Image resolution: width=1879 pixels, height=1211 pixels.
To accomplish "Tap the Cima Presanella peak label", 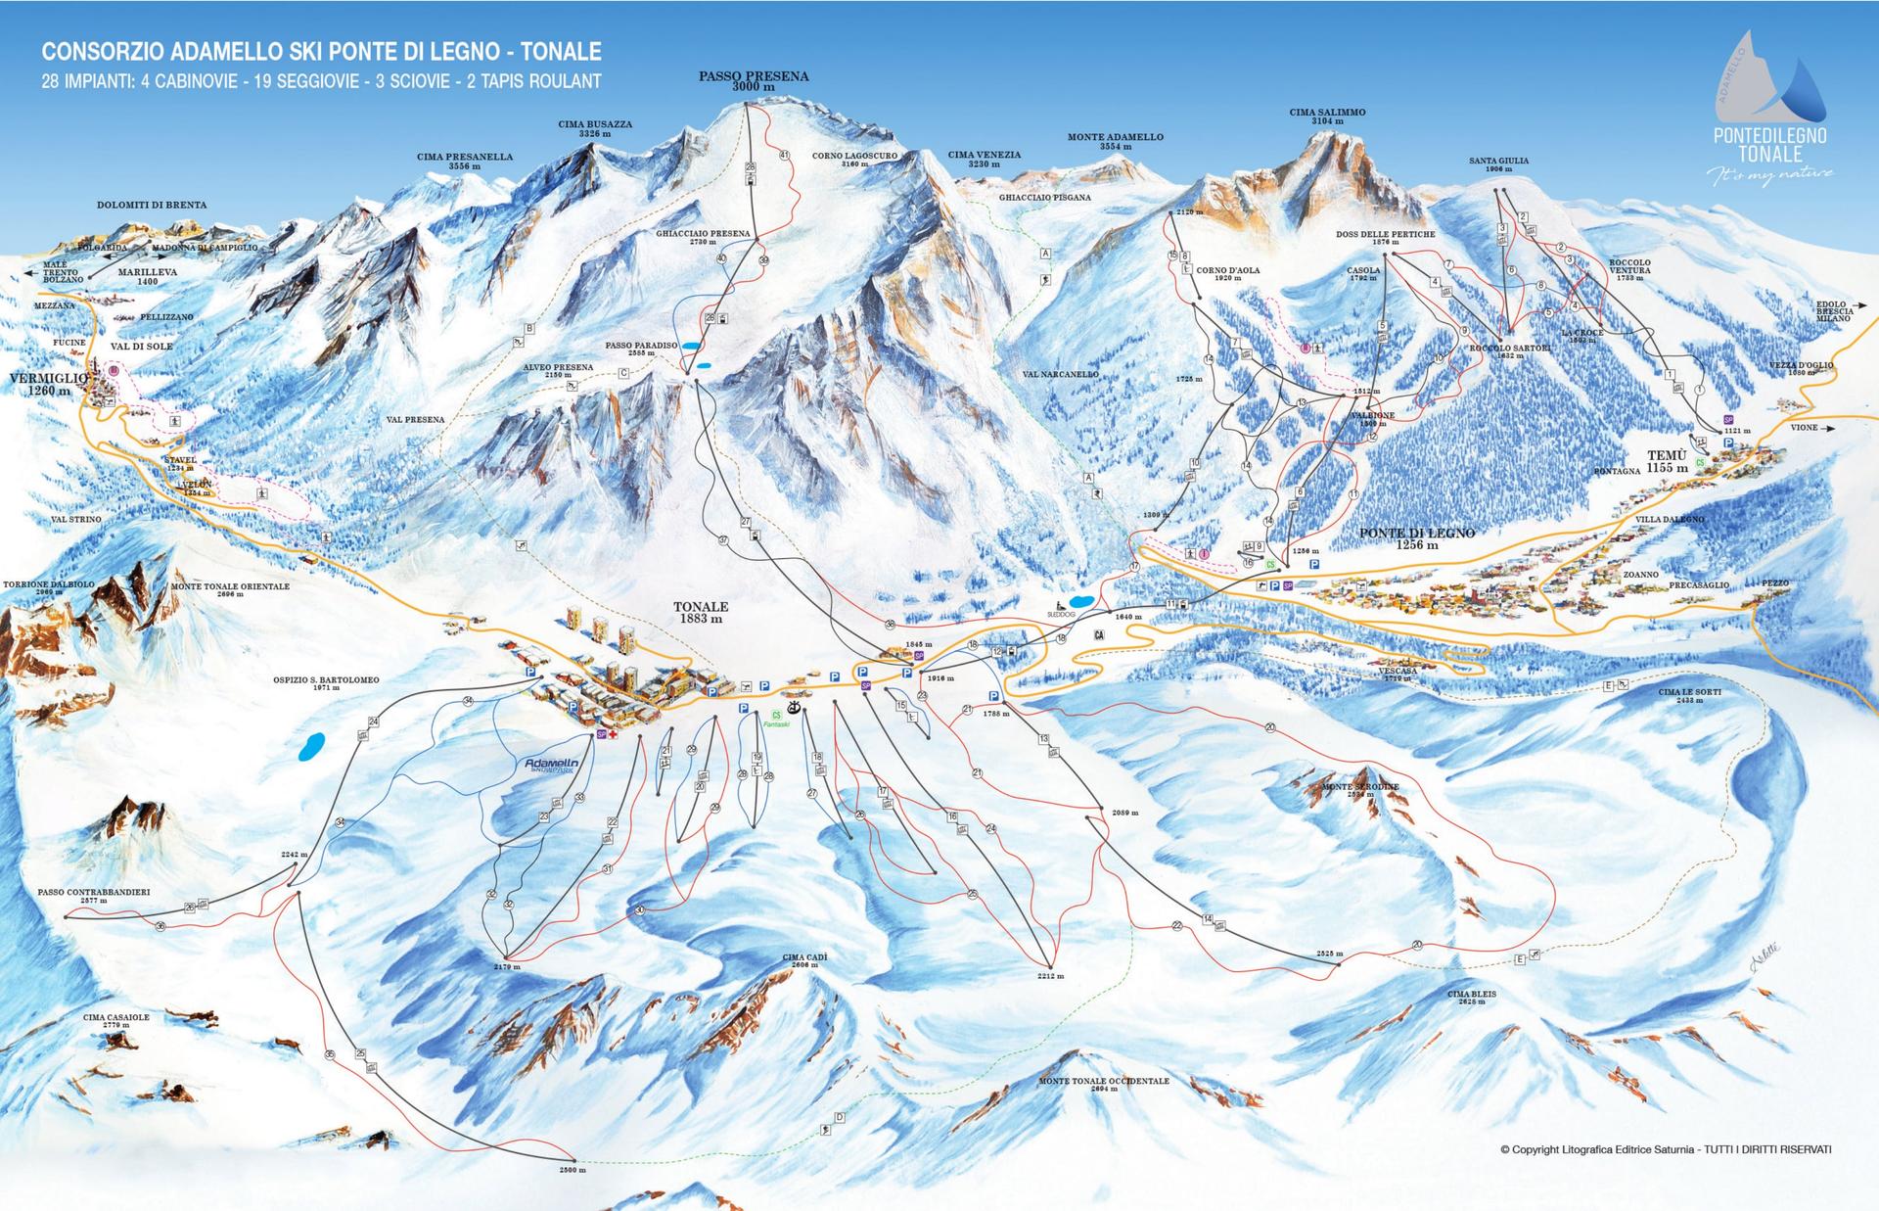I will pyautogui.click(x=464, y=161).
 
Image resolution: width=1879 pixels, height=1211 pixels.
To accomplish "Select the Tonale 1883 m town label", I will pyautogui.click(x=701, y=612).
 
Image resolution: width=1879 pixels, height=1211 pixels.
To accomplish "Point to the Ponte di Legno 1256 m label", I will pyautogui.click(x=1416, y=537).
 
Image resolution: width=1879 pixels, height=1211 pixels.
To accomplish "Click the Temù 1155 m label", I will pyautogui.click(x=1667, y=461).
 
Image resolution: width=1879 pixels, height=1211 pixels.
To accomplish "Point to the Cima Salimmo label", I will pyautogui.click(x=1326, y=116).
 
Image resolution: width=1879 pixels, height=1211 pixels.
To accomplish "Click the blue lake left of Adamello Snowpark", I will pyautogui.click(x=312, y=748).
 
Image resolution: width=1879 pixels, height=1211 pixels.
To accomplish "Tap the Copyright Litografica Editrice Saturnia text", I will pyautogui.click(x=1665, y=1149).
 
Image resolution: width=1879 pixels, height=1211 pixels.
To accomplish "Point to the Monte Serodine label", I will pyautogui.click(x=1359, y=790).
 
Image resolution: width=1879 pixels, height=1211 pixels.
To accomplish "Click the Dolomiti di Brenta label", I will pyautogui.click(x=152, y=205).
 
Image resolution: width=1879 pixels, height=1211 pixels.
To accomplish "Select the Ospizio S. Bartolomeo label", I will pyautogui.click(x=326, y=682).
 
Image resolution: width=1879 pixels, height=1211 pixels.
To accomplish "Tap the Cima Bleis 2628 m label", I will pyautogui.click(x=1471, y=997).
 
